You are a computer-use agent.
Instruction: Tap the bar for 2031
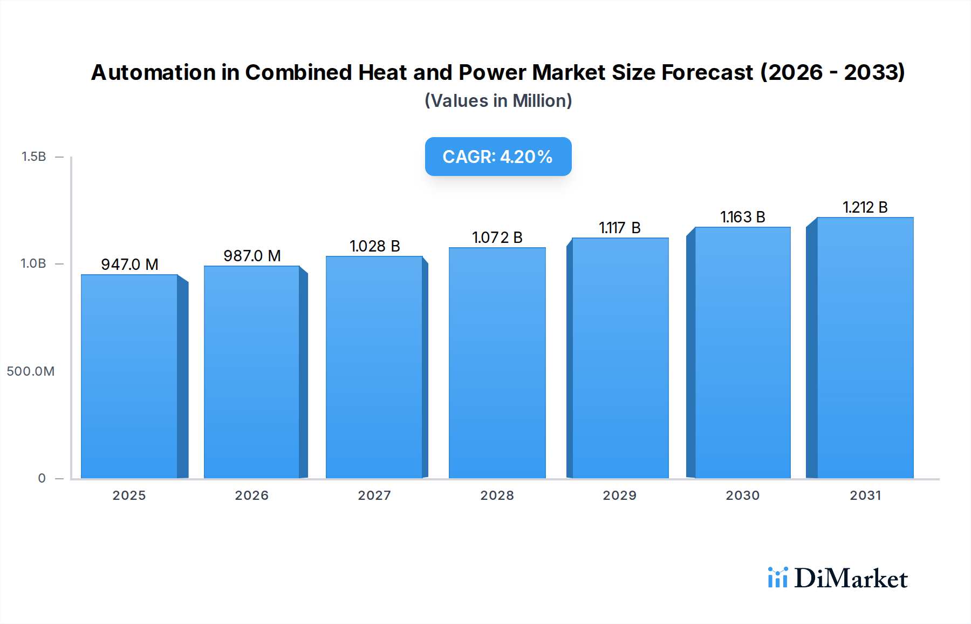point(865,348)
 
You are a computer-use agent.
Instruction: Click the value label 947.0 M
point(129,264)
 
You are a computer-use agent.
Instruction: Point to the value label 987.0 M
point(252,256)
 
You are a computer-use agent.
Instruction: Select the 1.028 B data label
point(374,246)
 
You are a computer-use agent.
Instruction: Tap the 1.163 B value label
point(742,217)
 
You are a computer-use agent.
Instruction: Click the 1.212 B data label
point(865,207)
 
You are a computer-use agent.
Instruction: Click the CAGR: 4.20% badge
point(498,157)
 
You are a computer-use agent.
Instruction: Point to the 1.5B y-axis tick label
point(33,157)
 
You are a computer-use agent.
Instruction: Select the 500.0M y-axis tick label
point(31,371)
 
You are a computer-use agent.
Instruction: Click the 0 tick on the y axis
point(42,478)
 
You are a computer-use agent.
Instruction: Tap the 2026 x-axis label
point(251,496)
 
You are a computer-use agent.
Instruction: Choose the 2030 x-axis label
point(742,496)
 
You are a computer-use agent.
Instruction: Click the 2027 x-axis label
point(374,496)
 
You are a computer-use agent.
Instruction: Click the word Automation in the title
point(154,72)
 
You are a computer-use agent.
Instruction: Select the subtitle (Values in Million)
point(498,101)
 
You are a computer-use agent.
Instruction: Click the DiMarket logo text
point(851,579)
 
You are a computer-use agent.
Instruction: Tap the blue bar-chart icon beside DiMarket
point(777,578)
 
